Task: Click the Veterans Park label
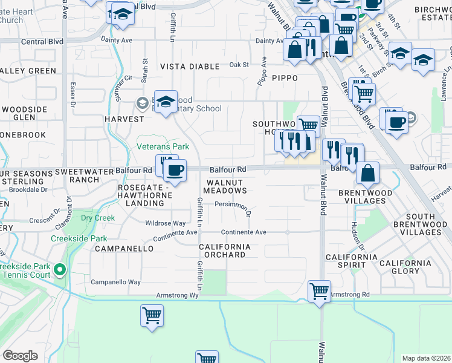pos(163,146)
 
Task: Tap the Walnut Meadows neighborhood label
pos(224,186)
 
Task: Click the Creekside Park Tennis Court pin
pos(59,269)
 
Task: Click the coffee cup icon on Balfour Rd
pos(175,171)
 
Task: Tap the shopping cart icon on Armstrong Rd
pos(318,291)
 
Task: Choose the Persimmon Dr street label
pos(233,204)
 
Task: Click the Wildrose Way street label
pos(166,223)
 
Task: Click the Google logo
pos(20,356)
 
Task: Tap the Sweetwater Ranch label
pos(77,175)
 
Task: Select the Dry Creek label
pos(98,218)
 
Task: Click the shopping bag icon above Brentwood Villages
pos(367,173)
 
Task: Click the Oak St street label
pos(239,64)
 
